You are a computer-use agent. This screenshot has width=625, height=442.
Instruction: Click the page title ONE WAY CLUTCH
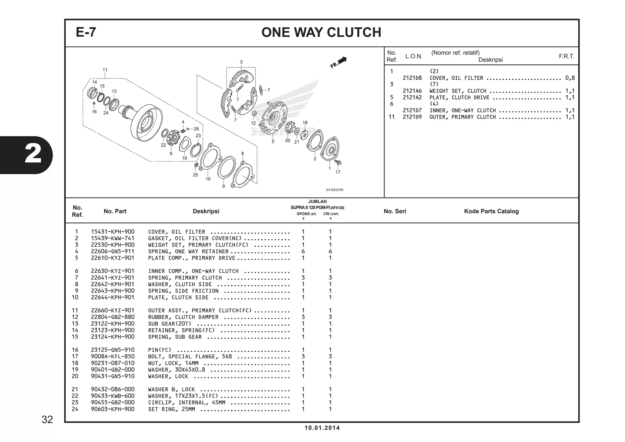coord(321,32)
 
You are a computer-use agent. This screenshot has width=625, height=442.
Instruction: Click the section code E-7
coord(86,32)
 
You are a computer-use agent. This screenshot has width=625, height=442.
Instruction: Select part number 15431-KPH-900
coord(113,232)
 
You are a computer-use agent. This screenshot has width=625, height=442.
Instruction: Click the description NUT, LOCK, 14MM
coord(173,363)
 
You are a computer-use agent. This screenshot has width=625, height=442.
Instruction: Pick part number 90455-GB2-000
coord(113,403)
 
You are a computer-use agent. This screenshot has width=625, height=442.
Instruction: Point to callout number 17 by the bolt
coord(338,172)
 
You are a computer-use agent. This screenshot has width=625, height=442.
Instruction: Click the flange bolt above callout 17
coord(338,162)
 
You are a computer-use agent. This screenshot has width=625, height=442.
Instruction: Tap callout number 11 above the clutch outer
coord(105,70)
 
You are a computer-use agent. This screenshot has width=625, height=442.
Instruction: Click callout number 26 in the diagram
coord(196,129)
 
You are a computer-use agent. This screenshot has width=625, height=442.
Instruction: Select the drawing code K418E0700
coord(334,190)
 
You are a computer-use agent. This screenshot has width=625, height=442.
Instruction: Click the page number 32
coord(47,420)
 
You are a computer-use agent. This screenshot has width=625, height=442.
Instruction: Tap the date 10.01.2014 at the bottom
coord(322,428)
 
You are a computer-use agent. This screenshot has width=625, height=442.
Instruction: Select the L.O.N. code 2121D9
coord(412,117)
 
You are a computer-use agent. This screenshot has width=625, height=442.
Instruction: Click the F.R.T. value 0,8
coord(570,78)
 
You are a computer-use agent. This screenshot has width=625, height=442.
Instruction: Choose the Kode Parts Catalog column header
coord(491,211)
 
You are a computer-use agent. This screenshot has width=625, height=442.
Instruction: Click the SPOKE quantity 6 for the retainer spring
coord(303,252)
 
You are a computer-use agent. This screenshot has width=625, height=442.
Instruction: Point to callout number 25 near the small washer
coord(195,175)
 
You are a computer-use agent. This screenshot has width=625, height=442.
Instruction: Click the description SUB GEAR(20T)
coord(170,324)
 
